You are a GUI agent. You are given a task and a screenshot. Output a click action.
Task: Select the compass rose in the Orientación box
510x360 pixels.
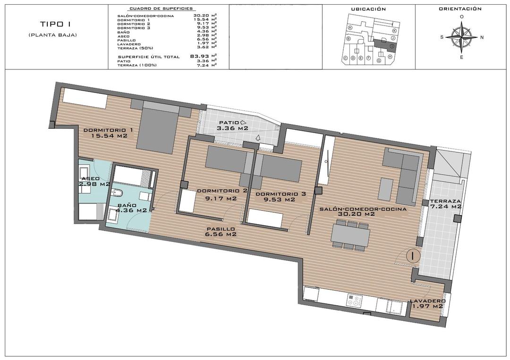click(x=461, y=37)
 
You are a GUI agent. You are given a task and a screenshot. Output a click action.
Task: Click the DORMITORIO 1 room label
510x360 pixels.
click(x=108, y=133)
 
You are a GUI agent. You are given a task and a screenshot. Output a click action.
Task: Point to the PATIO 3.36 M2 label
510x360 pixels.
click(x=232, y=125)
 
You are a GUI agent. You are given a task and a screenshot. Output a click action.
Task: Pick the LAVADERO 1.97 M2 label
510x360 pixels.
click(x=427, y=303)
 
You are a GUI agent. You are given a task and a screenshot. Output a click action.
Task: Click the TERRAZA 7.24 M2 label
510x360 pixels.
click(x=445, y=204)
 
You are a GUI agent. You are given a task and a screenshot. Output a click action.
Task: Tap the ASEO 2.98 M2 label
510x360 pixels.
click(x=95, y=181)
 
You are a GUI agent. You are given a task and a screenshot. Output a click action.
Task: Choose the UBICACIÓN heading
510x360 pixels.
click(x=368, y=9)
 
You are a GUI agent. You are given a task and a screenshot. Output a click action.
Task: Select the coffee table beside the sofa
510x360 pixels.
click(x=386, y=188)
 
